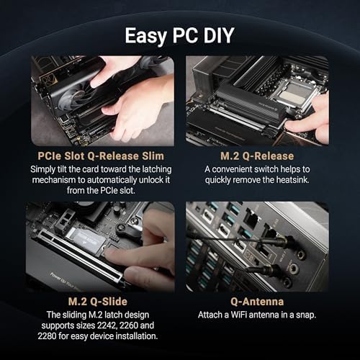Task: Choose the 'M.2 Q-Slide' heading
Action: click(102, 300)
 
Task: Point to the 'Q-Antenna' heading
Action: click(258, 300)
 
